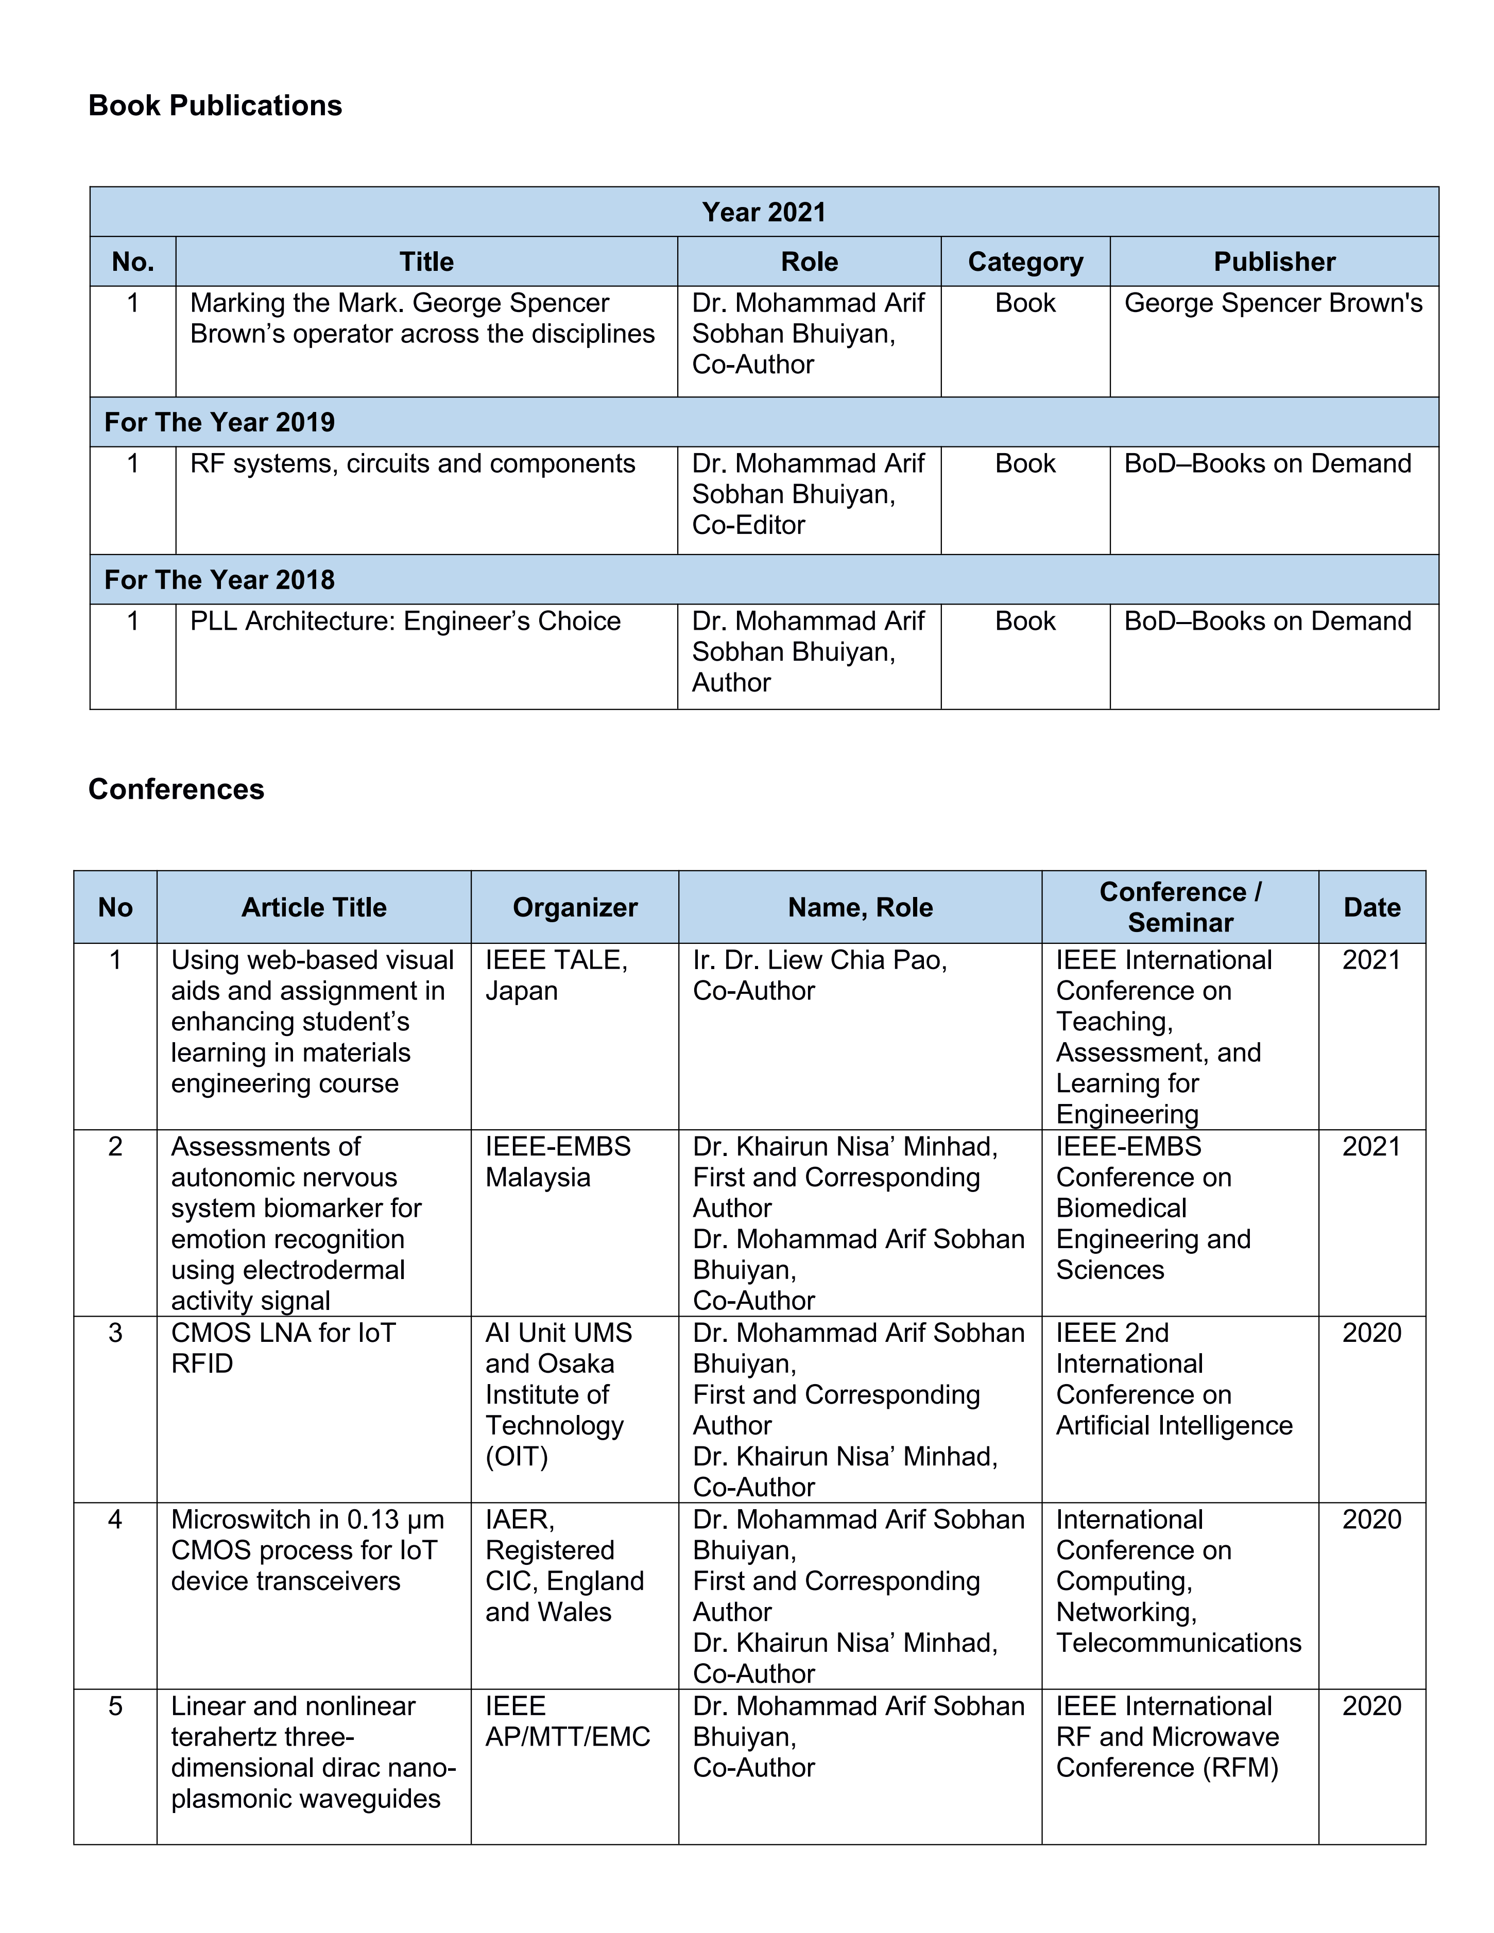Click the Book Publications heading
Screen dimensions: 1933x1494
pyautogui.click(x=215, y=106)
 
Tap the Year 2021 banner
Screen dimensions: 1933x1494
pyautogui.click(x=764, y=213)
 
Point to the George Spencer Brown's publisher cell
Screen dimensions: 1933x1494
pyautogui.click(x=1273, y=304)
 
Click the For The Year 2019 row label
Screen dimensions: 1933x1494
pyautogui.click(x=219, y=422)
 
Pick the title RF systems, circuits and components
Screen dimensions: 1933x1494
pyautogui.click(x=413, y=464)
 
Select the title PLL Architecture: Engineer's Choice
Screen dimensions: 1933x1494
pyautogui.click(x=405, y=622)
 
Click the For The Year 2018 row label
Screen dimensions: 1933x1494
pyautogui.click(x=219, y=580)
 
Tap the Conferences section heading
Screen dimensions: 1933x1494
pyautogui.click(x=176, y=789)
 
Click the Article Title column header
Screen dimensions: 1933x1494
pyautogui.click(x=314, y=907)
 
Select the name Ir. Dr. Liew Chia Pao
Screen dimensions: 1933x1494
pyautogui.click(x=819, y=960)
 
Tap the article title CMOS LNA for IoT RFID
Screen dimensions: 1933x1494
pyautogui.click(x=283, y=1348)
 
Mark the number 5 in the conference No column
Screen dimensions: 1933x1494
pyautogui.click(x=115, y=1706)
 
